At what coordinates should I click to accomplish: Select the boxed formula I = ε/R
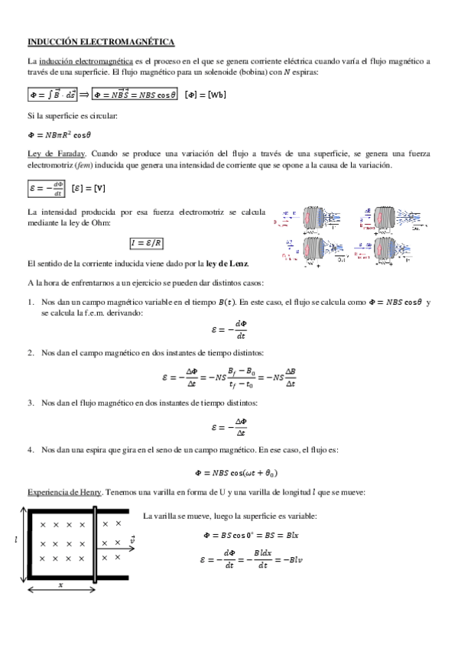click(x=148, y=244)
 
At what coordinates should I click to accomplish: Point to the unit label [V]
click(x=77, y=187)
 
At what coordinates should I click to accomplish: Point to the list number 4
click(x=31, y=450)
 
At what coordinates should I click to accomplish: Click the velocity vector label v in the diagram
click(x=132, y=539)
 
